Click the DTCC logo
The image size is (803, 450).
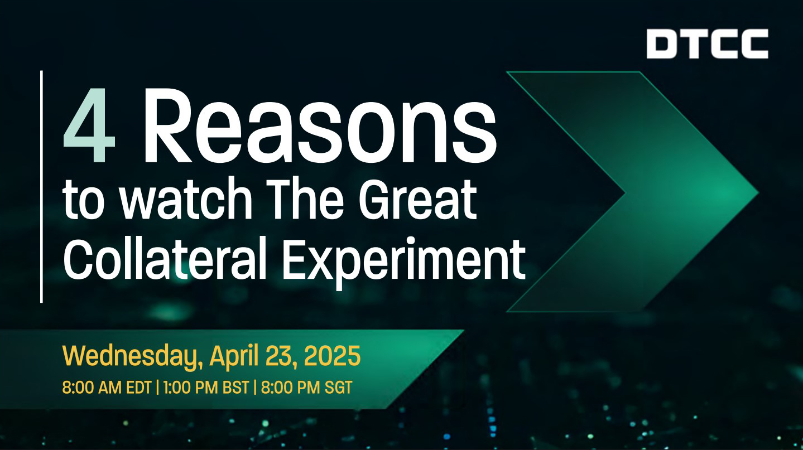(707, 43)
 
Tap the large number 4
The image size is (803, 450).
(89, 125)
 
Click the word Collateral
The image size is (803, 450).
(165, 258)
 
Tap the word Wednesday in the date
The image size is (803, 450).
(131, 356)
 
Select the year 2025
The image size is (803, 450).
(332, 356)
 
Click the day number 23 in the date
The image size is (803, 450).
(281, 356)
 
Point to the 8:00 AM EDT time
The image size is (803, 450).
(107, 388)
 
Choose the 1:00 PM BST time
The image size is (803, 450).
(206, 388)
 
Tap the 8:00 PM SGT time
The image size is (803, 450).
(306, 388)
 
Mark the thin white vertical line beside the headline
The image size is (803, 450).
(42, 187)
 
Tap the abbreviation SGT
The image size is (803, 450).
(338, 388)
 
